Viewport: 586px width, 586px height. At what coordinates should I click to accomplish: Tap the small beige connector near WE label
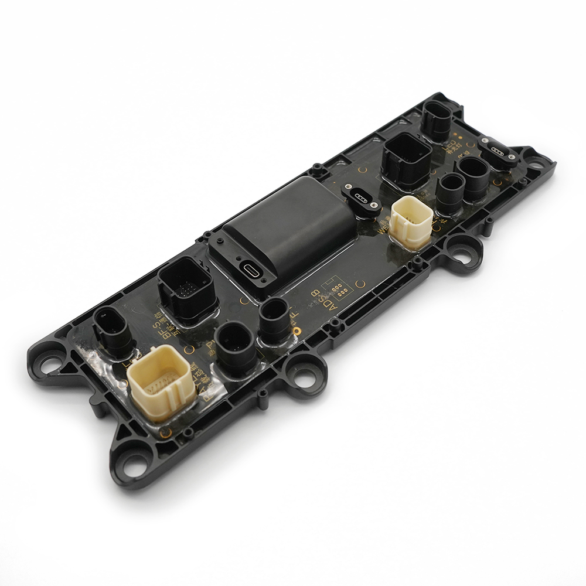coord(411,222)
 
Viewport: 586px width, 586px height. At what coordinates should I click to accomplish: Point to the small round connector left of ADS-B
coord(274,318)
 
